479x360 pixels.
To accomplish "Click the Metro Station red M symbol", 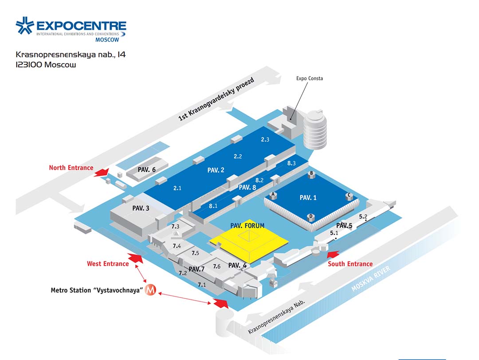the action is click(x=150, y=290).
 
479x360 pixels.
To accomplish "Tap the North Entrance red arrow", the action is click(x=102, y=172).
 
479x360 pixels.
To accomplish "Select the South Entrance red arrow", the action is click(x=333, y=254).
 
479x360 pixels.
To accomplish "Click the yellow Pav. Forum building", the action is click(x=249, y=241).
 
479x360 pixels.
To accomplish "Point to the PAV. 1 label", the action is click(x=308, y=198).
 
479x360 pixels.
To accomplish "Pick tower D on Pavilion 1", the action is click(x=310, y=217).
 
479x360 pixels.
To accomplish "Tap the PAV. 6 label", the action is click(x=147, y=170).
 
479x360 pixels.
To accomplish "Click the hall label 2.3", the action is click(x=265, y=140).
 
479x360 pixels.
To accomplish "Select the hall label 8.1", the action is click(x=213, y=206).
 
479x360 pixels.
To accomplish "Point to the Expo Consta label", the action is click(x=310, y=78).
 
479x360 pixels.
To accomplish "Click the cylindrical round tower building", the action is click(x=315, y=130).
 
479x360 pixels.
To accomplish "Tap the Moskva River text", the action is click(x=370, y=278).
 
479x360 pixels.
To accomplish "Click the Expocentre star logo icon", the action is click(x=25, y=25).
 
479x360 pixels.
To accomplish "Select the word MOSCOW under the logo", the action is click(x=107, y=40).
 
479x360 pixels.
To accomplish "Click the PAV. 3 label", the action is click(x=141, y=208).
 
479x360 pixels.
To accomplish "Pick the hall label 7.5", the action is click(x=195, y=253).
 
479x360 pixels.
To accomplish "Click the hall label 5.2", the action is click(x=363, y=216).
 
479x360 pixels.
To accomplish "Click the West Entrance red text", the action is click(x=108, y=264).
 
